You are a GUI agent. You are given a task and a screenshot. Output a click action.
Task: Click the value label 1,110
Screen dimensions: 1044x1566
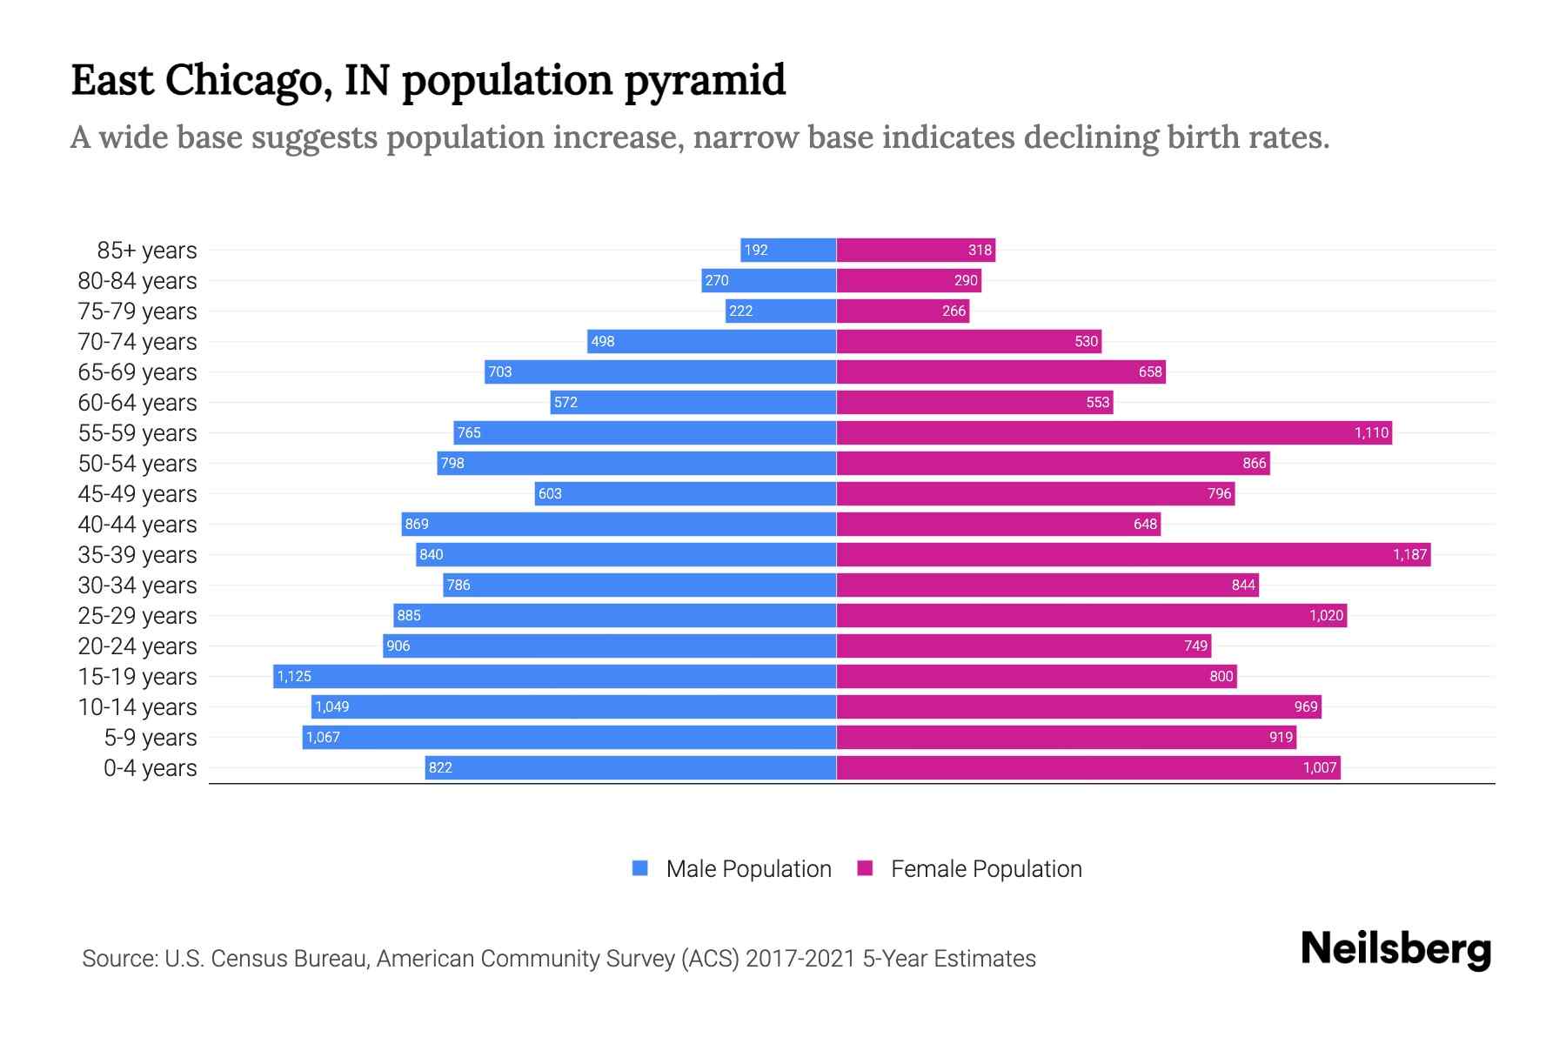[x=1371, y=432]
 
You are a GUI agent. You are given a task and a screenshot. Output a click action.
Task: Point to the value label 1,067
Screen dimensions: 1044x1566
[x=323, y=737]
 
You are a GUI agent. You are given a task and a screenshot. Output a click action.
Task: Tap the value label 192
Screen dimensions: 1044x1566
[x=755, y=250]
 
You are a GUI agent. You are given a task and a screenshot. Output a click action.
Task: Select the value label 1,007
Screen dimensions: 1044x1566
[x=1319, y=767]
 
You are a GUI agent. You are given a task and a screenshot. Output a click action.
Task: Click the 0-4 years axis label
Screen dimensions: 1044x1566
[x=150, y=768]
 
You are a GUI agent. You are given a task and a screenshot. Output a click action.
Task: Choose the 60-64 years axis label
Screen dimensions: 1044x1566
[x=137, y=403]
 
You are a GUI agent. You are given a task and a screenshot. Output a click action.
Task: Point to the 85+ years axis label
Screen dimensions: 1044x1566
[x=147, y=251]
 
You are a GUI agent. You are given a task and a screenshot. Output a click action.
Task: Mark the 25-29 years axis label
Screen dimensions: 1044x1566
[x=137, y=616]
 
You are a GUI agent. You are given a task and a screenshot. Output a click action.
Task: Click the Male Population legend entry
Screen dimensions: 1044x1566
[x=748, y=869]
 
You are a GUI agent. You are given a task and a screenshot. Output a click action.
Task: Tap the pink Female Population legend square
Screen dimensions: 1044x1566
[x=865, y=868]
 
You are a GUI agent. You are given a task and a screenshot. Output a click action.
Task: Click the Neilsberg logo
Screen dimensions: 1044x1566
[x=1395, y=949]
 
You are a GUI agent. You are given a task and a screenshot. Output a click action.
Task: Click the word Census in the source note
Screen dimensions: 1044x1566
[x=248, y=959]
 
